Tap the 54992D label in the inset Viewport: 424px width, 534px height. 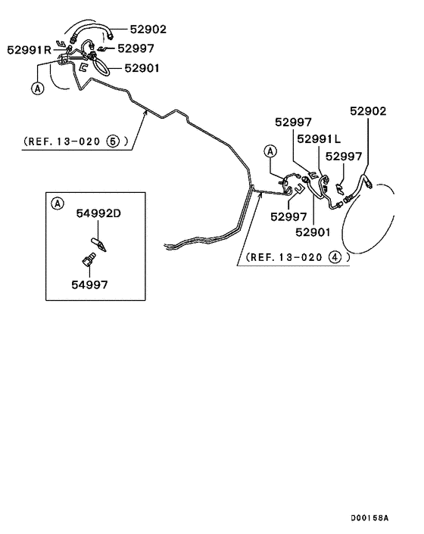pos(98,214)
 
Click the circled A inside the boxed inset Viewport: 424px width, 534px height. pos(58,203)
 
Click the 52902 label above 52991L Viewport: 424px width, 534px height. pos(367,111)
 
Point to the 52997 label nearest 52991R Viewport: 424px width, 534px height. pos(138,49)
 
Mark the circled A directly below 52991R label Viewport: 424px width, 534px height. pos(37,88)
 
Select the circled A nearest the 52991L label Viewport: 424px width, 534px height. pos(270,152)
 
